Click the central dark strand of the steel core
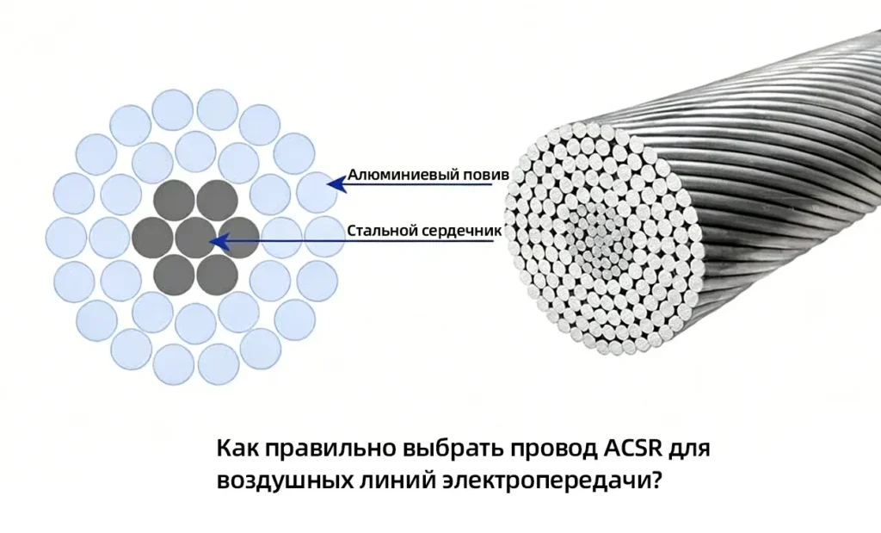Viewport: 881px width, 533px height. [195, 238]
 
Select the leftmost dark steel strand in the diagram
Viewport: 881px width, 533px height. [153, 238]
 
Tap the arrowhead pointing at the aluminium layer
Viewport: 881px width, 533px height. [336, 184]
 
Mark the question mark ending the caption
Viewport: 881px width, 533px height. [655, 480]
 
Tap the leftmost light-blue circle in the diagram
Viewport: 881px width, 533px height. [65, 238]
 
